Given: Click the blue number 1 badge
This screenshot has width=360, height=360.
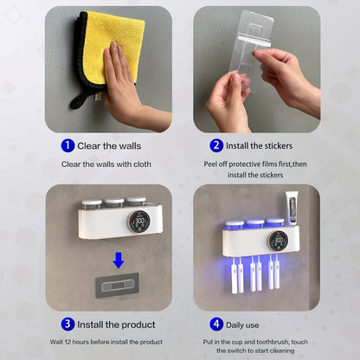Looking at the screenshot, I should [x=67, y=145].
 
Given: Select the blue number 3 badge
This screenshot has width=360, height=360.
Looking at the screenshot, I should [x=67, y=324].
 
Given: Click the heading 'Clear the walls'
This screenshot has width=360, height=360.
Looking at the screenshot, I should [x=110, y=145].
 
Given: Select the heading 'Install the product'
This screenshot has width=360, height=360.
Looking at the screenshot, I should [x=116, y=324].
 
